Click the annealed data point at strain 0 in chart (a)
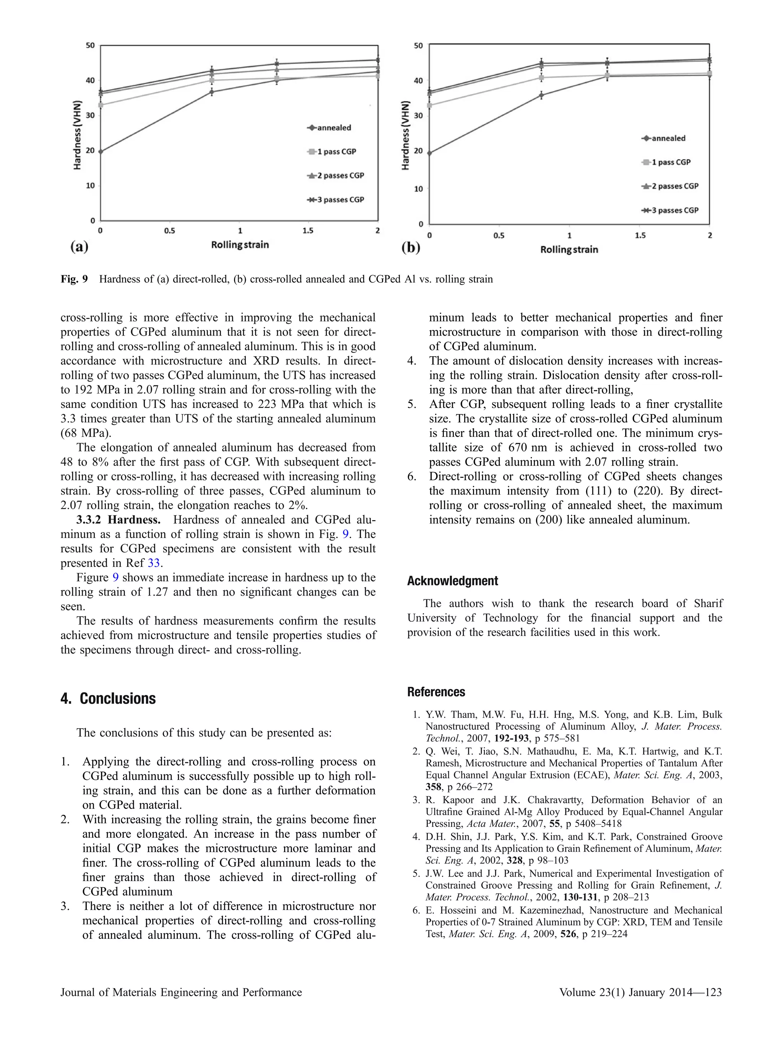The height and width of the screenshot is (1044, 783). pos(101,151)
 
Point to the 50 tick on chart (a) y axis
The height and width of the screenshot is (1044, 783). pos(90,45)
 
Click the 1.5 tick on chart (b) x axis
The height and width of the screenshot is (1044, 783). pos(640,235)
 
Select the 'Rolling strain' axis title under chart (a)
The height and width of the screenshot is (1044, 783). pos(240,245)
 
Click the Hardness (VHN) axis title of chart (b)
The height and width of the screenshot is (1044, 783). pos(405,135)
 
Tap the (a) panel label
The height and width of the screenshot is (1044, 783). pos(79,247)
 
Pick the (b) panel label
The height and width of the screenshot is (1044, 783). pos(410,248)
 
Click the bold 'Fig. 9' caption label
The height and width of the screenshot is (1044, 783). pos(74,279)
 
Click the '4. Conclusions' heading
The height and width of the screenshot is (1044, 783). pos(108,698)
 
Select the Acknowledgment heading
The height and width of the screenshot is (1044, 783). pos(452,581)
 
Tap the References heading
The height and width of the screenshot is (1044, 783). pos(436,692)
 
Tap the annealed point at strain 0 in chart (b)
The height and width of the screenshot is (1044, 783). pos(429,153)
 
